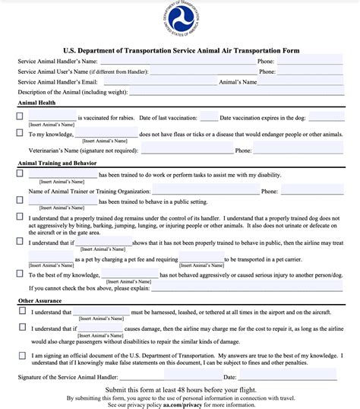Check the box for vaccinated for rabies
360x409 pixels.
point(21,117)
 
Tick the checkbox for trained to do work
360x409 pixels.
point(21,174)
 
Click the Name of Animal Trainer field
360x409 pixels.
point(205,192)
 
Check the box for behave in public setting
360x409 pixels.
point(21,201)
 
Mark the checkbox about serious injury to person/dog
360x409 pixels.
point(21,274)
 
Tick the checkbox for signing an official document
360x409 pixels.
point(21,354)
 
